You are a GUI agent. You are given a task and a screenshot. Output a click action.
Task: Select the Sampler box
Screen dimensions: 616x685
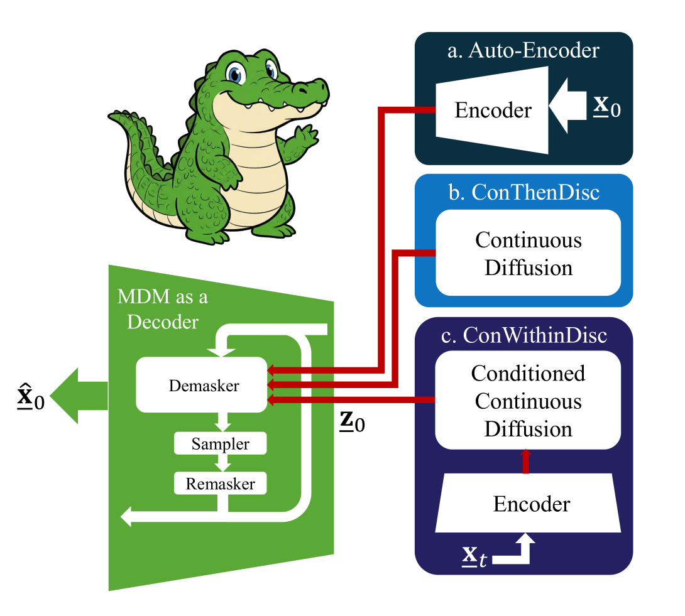click(x=220, y=444)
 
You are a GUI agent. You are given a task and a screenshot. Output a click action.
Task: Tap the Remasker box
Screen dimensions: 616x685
click(x=220, y=484)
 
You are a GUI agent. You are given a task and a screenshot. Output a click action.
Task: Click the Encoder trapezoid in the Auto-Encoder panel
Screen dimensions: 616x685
click(x=492, y=111)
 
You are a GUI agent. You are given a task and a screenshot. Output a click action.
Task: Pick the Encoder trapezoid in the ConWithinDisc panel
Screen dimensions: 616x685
click(x=532, y=504)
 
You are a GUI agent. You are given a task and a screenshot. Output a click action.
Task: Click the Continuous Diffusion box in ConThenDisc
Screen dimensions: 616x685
click(x=528, y=254)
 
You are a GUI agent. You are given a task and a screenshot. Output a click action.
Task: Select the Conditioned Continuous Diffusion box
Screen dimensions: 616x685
click(x=528, y=401)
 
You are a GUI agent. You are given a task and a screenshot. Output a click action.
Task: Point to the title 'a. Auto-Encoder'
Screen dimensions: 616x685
click(x=523, y=51)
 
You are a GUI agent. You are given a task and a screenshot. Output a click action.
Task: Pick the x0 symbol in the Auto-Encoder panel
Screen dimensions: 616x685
click(x=607, y=107)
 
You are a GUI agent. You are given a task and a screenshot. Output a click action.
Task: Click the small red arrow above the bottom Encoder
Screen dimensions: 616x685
click(x=527, y=461)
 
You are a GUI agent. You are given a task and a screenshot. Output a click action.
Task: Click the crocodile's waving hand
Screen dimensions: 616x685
click(x=307, y=135)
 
